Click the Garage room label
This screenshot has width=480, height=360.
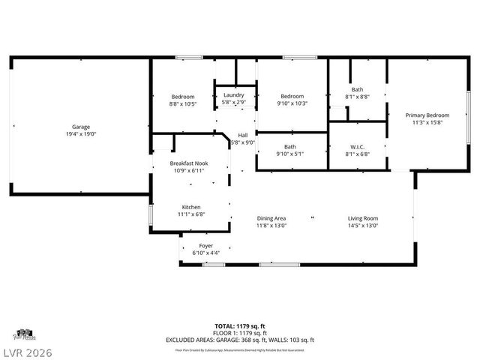click(81, 127)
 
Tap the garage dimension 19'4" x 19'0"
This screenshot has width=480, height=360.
click(81, 134)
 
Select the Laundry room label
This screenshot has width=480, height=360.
click(234, 95)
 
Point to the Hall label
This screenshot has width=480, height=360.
click(243, 135)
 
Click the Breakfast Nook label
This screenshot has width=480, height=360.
click(188, 163)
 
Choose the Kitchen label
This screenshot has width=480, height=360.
click(191, 207)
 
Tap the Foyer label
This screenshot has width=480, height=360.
click(205, 245)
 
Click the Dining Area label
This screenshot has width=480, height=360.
click(271, 217)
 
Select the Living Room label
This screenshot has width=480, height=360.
click(363, 217)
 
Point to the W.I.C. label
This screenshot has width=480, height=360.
click(357, 146)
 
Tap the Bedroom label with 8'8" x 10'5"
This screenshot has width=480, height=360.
click(183, 97)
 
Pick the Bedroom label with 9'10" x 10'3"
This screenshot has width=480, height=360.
click(292, 96)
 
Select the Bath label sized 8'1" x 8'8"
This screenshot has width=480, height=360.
click(357, 89)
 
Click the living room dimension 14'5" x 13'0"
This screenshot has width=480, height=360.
click(363, 225)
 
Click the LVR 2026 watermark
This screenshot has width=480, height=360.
click(28, 350)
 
